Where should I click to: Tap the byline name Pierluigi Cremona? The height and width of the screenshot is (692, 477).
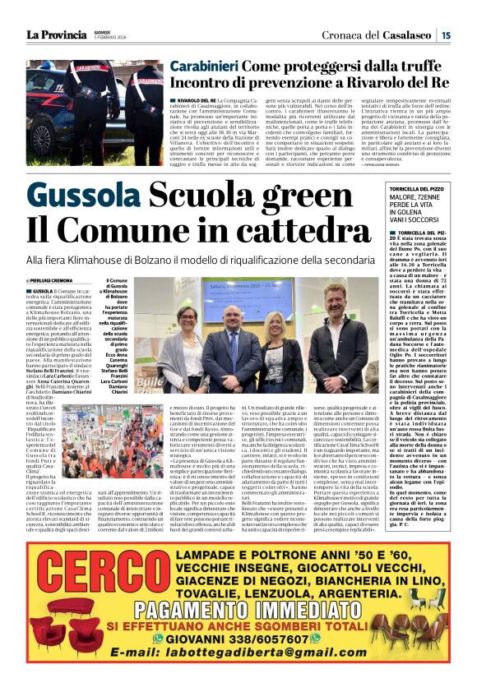coord(58,279)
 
